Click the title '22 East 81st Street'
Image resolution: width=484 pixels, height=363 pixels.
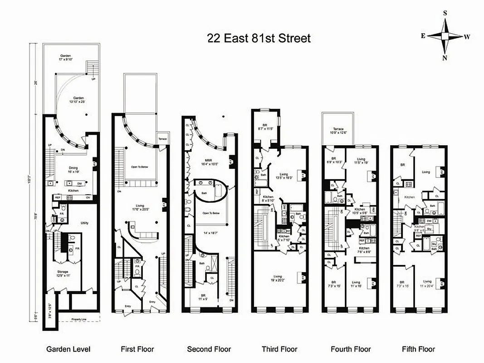pyautogui.click(x=259, y=38)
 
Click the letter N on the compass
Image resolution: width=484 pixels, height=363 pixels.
pyautogui.click(x=445, y=58)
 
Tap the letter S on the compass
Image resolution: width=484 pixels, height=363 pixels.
pyautogui.click(x=445, y=13)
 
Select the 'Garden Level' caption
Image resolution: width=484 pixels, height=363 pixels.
pyautogui.click(x=68, y=349)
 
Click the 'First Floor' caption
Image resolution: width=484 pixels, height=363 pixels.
pyautogui.click(x=137, y=349)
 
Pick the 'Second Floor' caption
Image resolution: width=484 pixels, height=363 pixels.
pyautogui.click(x=209, y=349)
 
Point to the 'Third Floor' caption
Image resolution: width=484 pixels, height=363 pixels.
pyautogui.click(x=279, y=349)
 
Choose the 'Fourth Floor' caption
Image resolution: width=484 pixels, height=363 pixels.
pyautogui.click(x=351, y=349)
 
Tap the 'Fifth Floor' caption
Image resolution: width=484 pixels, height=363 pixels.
pyautogui.click(x=418, y=349)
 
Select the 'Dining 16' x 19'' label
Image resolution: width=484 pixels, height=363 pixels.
pyautogui.click(x=73, y=170)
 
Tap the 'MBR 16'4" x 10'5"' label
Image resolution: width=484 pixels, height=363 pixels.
pyautogui.click(x=208, y=163)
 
